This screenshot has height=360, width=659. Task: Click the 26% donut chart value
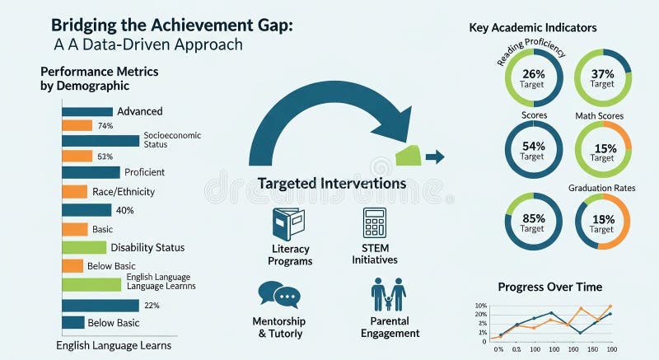click(532, 74)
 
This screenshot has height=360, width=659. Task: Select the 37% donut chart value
click(602, 74)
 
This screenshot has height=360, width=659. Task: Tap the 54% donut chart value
click(532, 146)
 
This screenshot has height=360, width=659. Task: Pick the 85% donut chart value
click(532, 219)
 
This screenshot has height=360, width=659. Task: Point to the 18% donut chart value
click(602, 219)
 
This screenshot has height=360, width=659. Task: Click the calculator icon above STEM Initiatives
click(375, 222)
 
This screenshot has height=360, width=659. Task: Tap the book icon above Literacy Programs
click(288, 223)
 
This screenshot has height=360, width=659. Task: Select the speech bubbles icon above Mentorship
click(278, 295)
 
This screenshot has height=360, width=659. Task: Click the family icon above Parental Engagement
click(389, 295)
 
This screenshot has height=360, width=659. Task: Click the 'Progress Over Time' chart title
click(550, 287)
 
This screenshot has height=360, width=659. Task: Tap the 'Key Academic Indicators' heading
click(533, 28)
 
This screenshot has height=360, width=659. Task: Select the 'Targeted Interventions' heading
click(332, 183)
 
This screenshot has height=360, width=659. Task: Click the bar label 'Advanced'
click(140, 111)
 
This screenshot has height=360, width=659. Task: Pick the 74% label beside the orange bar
click(105, 126)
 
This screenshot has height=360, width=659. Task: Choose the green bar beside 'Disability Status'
click(85, 247)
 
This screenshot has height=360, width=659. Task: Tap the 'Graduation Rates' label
click(602, 188)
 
